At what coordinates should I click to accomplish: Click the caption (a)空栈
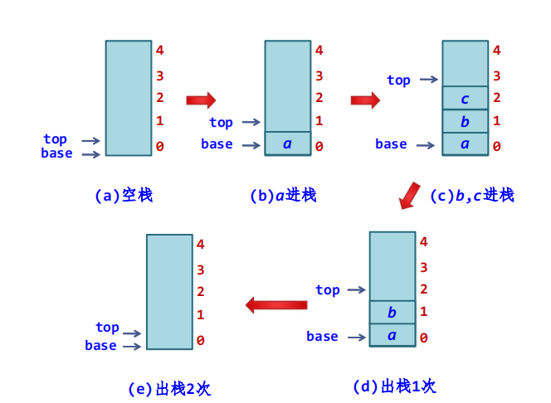124,196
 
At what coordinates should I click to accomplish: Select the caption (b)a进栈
283,196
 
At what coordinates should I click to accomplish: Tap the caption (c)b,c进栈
472,195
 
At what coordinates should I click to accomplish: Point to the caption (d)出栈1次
394,386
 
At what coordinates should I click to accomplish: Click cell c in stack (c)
465,100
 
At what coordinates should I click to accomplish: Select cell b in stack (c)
465,122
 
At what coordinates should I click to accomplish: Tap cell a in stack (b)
287,144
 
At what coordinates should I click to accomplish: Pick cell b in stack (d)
392,313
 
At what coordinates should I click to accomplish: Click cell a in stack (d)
392,336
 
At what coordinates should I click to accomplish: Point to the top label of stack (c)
398,80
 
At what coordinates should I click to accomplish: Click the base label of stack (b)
217,144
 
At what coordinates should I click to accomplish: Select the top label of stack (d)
328,290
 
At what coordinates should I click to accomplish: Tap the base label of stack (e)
100,345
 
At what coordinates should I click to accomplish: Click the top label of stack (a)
56,139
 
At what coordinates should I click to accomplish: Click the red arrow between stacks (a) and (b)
200,100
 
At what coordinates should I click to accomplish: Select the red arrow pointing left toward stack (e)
276,305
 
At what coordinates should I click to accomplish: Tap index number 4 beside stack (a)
159,51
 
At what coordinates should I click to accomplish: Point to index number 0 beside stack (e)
201,341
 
